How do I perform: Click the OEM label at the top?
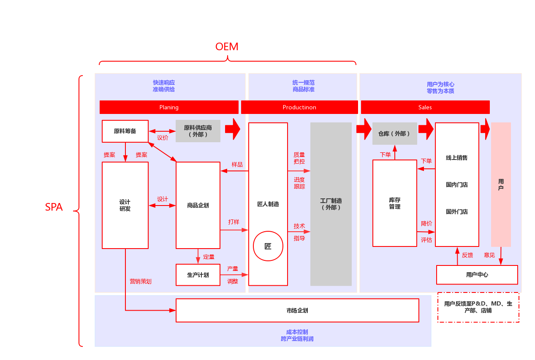227,47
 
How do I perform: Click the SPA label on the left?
54,207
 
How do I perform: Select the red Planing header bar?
169,107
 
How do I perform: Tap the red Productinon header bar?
299,107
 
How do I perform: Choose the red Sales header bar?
425,107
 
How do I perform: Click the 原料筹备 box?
125,131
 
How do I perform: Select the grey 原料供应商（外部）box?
198,131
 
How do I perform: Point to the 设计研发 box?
125,206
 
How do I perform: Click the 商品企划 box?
198,206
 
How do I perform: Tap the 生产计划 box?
198,275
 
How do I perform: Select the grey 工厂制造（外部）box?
331,204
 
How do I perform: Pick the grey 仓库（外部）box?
394,133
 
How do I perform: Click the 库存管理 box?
395,203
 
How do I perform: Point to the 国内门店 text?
457,185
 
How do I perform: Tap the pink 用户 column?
501,184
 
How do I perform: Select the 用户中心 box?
477,275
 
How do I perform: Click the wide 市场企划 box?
297,311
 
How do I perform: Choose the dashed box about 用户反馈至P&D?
478,307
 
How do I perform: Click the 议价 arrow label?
163,138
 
